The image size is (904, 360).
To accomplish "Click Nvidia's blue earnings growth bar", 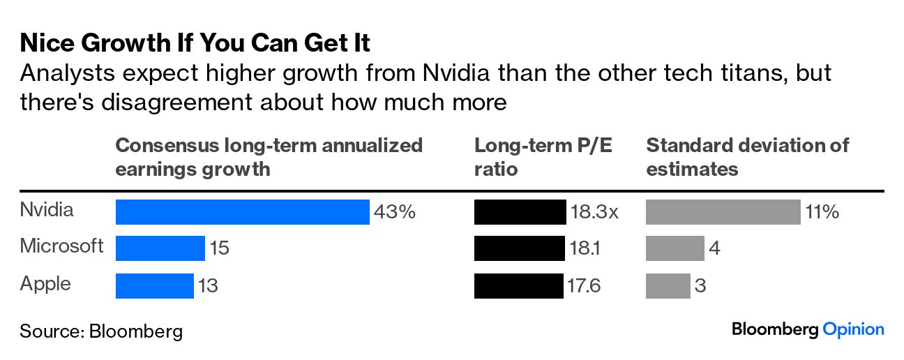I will click(242, 212).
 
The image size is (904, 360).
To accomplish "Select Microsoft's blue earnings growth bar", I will click(160, 248).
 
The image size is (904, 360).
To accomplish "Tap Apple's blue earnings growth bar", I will click(154, 285).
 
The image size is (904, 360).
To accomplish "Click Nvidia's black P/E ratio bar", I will click(520, 212).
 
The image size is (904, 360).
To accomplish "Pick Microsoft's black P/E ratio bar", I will click(519, 248).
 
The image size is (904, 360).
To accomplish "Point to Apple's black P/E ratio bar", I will click(518, 285).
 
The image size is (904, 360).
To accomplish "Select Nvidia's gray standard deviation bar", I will click(723, 212).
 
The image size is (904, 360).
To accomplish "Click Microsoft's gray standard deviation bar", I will click(675, 248).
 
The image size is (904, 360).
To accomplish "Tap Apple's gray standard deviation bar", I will click(668, 285).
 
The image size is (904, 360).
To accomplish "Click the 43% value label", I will click(395, 212).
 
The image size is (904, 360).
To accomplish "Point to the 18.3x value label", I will click(594, 212).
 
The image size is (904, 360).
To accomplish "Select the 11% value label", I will click(822, 212).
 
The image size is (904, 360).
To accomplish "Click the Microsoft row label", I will click(61, 246).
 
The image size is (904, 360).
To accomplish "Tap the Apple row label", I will click(45, 284).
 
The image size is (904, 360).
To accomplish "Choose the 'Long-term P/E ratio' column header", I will click(543, 157).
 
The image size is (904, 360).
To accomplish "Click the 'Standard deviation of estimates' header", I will click(748, 157).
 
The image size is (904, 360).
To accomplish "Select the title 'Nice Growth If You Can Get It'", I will click(195, 44).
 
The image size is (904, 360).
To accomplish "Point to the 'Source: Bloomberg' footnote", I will click(101, 331).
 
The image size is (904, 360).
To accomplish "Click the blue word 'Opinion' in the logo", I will click(853, 330).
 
